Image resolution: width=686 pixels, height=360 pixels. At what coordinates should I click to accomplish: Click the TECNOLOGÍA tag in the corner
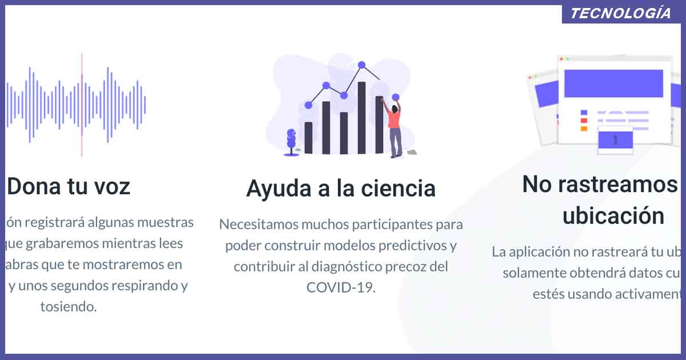[x=621, y=14]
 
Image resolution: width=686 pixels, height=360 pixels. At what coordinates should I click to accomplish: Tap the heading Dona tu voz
[x=69, y=186]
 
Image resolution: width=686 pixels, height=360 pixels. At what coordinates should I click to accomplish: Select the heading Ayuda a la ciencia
[x=341, y=188]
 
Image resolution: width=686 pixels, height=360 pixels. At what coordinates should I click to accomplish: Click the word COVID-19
[x=341, y=287]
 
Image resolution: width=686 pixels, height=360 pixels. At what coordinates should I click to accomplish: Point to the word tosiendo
[x=69, y=306]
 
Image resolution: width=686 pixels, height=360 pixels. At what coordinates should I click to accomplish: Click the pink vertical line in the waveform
[x=82, y=105]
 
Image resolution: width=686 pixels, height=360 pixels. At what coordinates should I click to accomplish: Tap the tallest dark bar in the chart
[x=361, y=117]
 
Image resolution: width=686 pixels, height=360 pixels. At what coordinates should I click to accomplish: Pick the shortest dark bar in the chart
[x=309, y=138]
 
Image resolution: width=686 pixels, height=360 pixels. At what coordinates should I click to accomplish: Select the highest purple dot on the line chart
[x=361, y=65]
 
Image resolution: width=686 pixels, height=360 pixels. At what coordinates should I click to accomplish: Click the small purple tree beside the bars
[x=292, y=141]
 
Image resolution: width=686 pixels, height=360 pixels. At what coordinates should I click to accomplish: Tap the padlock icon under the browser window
[x=615, y=140]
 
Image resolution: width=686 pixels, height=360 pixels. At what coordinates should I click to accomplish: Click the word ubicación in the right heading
[x=613, y=216]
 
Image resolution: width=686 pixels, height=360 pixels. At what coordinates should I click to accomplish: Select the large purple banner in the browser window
[x=613, y=83]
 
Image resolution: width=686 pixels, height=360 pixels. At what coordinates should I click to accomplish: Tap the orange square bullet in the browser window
[x=584, y=129]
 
